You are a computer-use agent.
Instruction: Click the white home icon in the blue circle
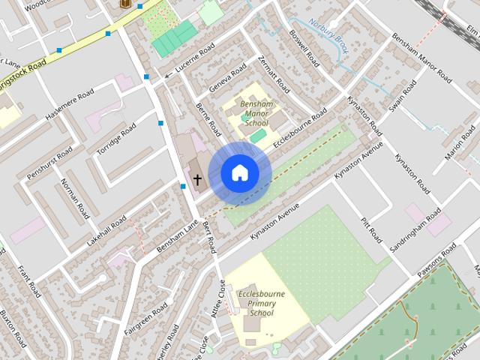click(239, 173)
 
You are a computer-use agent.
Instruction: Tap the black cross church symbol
click(197, 179)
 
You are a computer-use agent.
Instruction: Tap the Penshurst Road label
click(49, 163)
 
